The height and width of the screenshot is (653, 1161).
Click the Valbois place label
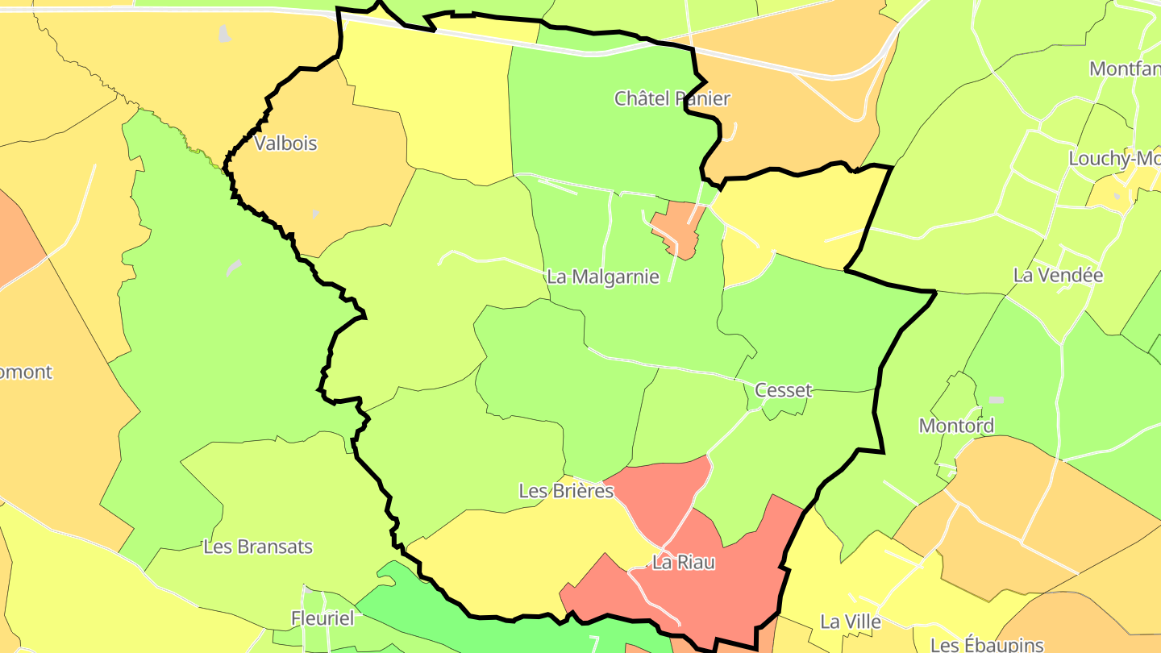coord(285,143)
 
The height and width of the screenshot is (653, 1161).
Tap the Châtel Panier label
coord(672,98)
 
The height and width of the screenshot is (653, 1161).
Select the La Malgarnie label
coord(602,277)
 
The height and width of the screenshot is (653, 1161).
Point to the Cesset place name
coord(783,390)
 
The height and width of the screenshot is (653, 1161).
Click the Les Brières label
coord(566,490)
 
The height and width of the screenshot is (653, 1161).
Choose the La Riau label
coord(683,563)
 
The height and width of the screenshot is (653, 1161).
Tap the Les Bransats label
coord(258,547)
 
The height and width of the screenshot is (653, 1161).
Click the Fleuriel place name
coord(322,619)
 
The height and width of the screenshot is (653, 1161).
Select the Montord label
coord(956,425)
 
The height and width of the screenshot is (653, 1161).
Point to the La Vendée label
coord(1058,275)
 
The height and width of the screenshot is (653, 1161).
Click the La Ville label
coord(850,622)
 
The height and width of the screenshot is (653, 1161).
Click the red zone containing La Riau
coord(726,580)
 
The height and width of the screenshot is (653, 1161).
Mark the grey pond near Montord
coord(997,400)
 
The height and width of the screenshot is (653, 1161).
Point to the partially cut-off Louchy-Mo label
coord(1113,158)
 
